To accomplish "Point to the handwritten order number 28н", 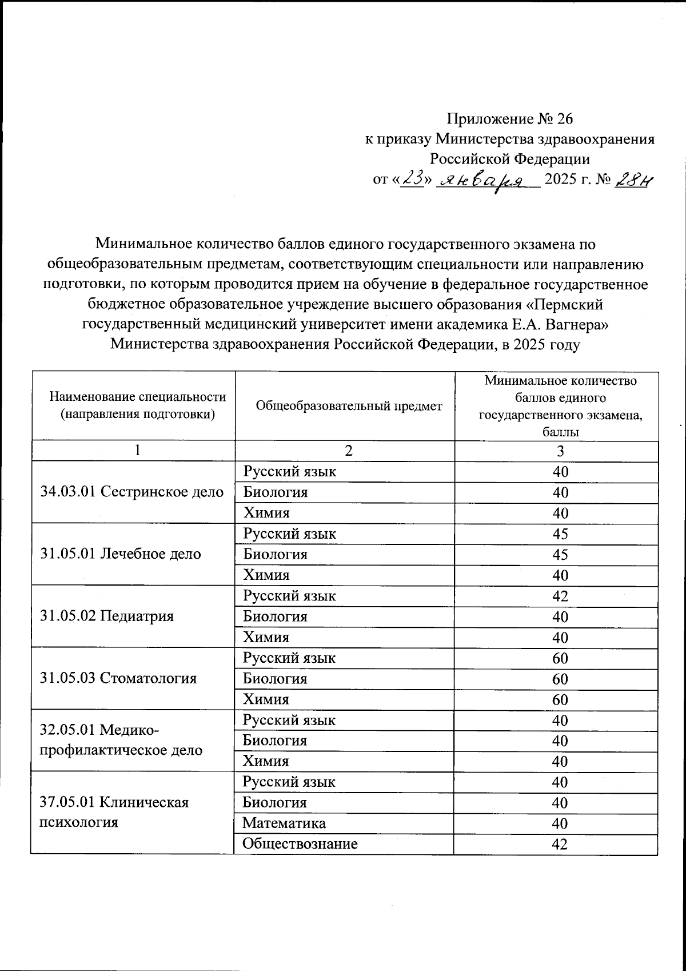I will point(633,180).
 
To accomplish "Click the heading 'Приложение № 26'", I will point(509,118).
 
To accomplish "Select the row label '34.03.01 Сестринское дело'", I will point(132,492).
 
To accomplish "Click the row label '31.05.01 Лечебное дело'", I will point(121,554).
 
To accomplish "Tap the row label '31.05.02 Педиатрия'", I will point(107,616).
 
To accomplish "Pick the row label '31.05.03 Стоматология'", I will point(118,678).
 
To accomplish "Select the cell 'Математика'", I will point(284,823).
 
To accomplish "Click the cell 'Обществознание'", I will point(300,843).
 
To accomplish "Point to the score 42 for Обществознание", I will point(560,844).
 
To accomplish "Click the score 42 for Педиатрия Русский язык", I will point(560,596).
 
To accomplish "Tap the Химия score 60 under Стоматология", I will point(560,699).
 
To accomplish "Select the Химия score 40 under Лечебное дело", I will point(560,575).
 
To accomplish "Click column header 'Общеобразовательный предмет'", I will point(349,406).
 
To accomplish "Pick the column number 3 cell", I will point(560,451).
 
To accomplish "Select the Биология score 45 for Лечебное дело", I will point(560,554).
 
